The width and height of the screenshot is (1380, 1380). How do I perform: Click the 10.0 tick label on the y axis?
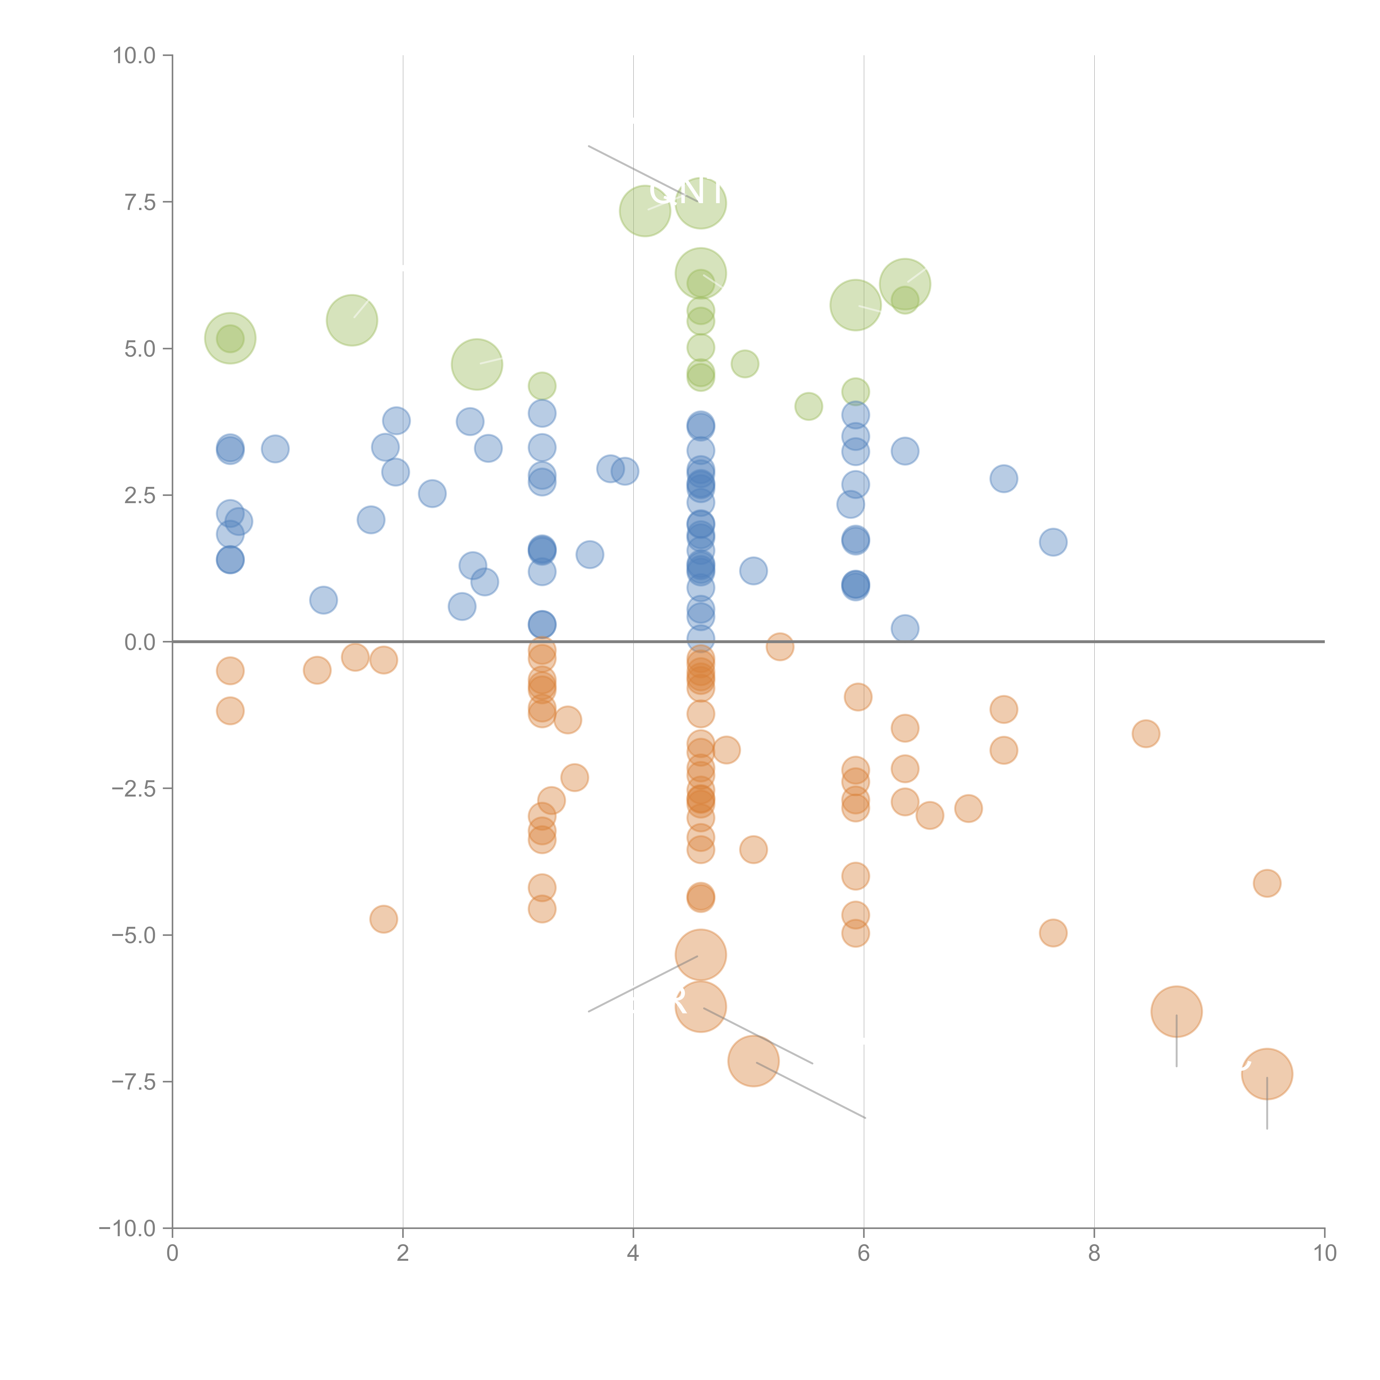(134, 56)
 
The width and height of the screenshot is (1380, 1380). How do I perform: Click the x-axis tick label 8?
(1094, 1254)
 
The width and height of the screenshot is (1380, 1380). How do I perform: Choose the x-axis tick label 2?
(403, 1254)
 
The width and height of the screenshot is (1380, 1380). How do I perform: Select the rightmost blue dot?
(1053, 542)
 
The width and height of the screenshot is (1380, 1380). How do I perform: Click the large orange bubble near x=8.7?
(1176, 1012)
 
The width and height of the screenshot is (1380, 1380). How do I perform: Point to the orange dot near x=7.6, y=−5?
(1053, 933)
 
